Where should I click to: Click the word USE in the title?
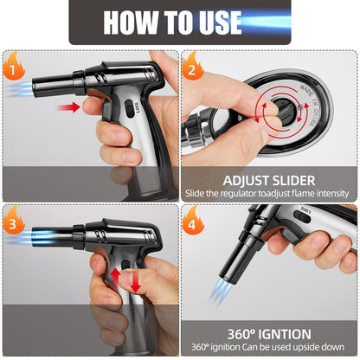pos(220,22)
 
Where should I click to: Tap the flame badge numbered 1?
pos(14,67)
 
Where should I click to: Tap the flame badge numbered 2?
pos(193,67)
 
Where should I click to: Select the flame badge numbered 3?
pos(14,222)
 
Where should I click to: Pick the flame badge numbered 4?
pos(193,222)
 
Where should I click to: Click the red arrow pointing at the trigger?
pos(69,107)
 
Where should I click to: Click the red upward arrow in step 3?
pos(115,278)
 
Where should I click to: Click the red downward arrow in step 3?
pos(136,281)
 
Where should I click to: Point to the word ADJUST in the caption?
pos(245,181)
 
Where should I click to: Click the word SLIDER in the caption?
pos(293,181)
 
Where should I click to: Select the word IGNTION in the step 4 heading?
pos(285,335)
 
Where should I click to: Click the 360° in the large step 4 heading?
pos(241,335)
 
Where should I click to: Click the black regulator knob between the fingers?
pos(285,111)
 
